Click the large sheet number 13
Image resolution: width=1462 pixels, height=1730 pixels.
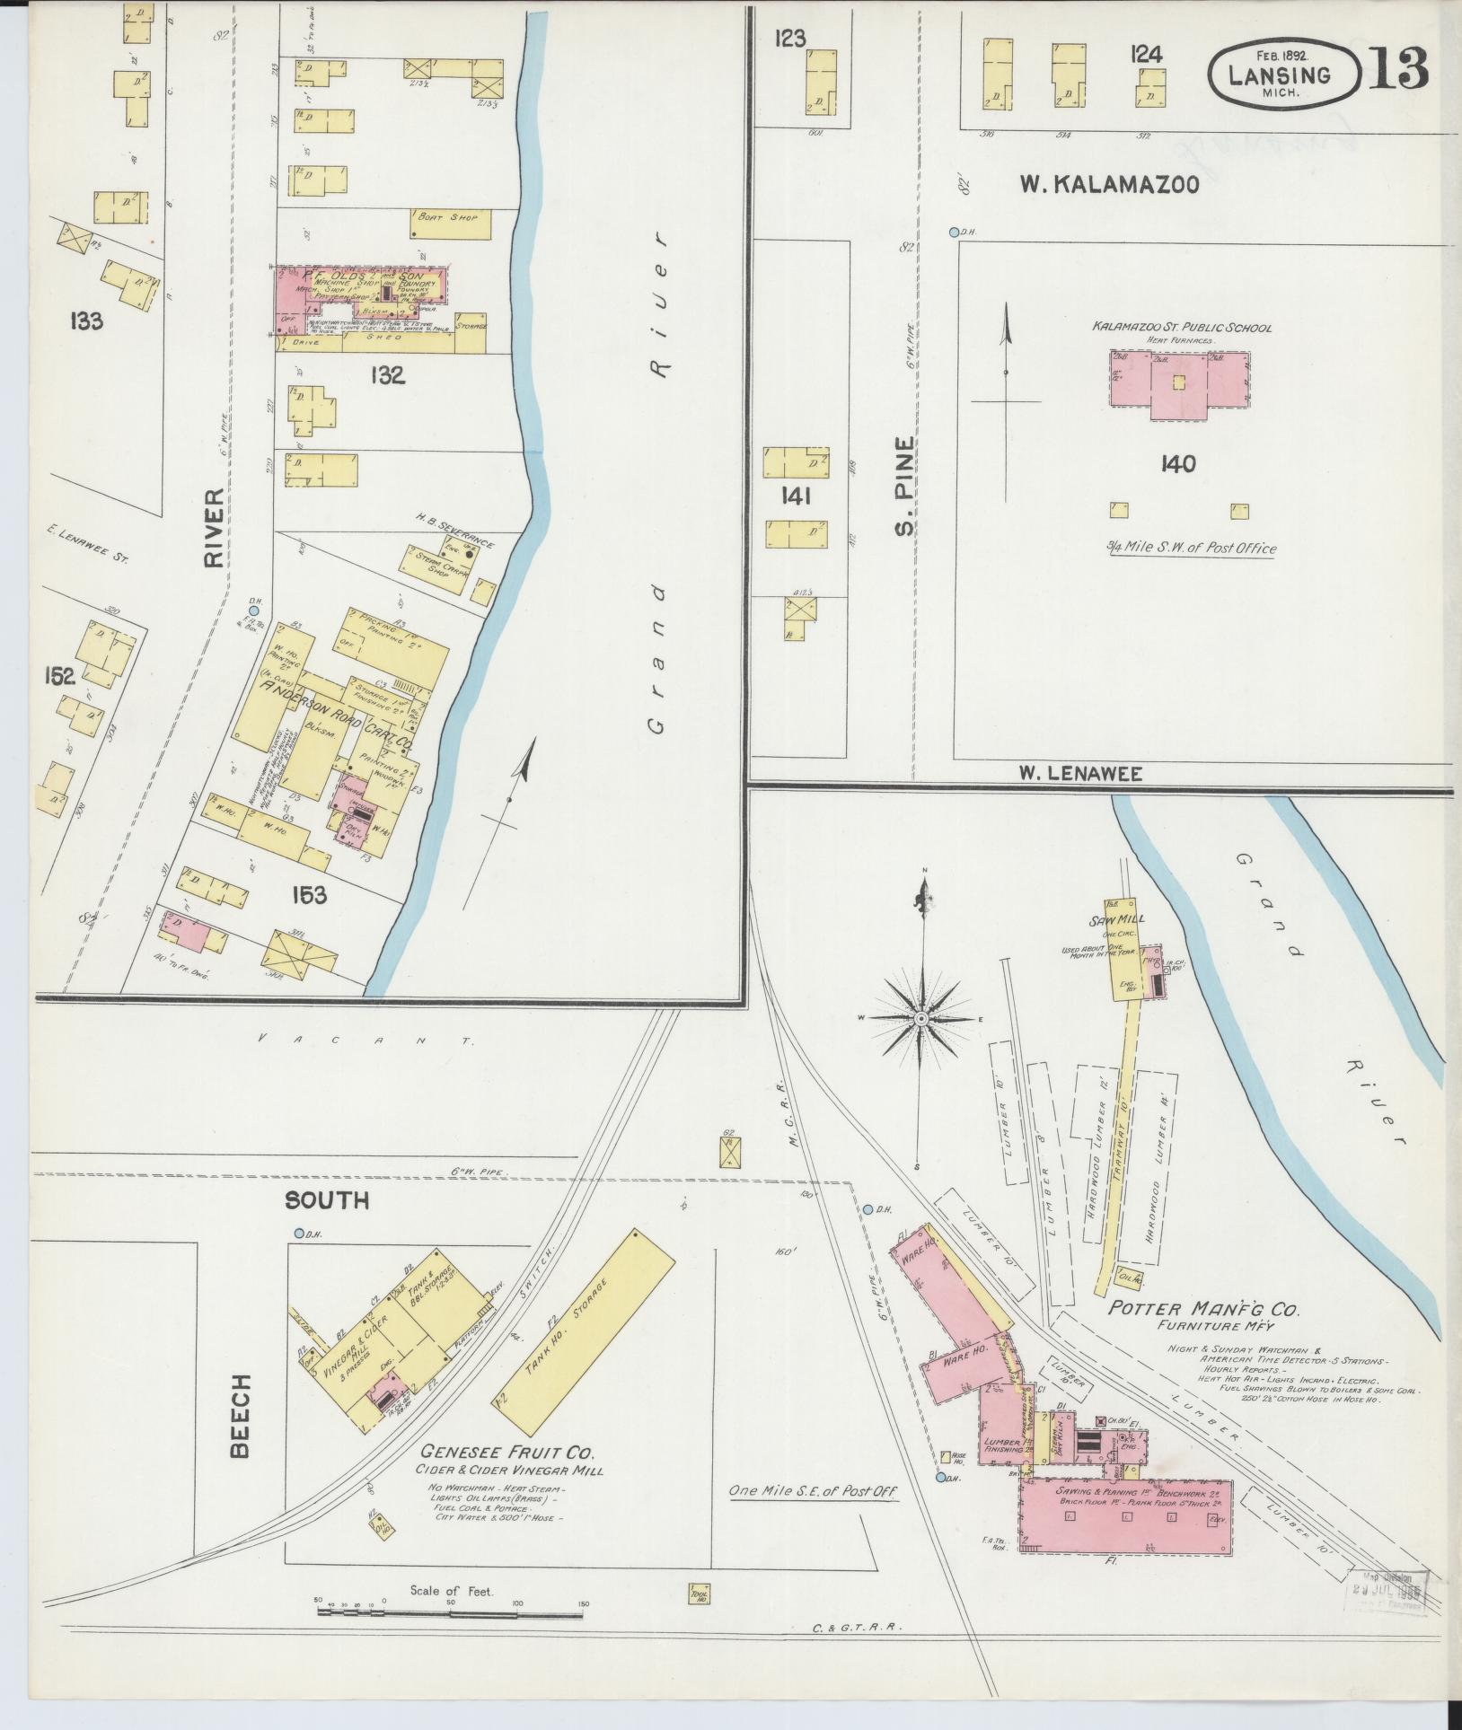tap(1398, 67)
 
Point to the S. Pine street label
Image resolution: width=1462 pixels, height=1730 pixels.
tap(904, 485)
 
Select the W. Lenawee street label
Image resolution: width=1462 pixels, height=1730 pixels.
tap(1080, 774)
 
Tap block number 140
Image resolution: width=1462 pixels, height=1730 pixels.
tap(1177, 464)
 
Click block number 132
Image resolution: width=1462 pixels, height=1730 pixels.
tap(386, 375)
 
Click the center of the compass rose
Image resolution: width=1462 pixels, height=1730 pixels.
tap(921, 1018)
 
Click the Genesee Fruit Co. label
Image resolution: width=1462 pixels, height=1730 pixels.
tap(508, 1453)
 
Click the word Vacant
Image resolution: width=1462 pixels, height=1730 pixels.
tap(363, 1041)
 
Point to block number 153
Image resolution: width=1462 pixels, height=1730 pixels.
tap(308, 894)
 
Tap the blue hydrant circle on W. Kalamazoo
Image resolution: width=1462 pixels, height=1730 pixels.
tap(954, 232)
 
